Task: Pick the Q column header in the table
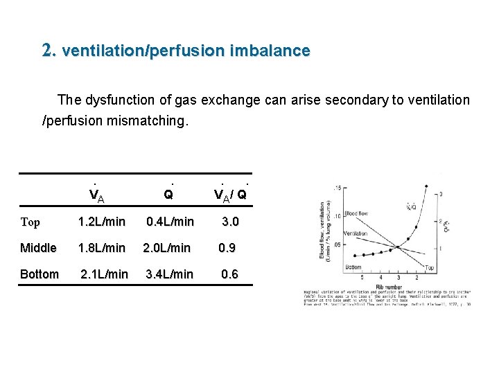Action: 168,195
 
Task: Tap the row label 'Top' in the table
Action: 30,222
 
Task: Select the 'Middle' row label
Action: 38,248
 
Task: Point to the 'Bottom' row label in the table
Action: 40,274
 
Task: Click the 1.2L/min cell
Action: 102,222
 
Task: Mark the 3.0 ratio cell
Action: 229,222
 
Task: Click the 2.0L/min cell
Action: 168,248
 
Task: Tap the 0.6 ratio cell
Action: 229,274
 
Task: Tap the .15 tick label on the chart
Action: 338,188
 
